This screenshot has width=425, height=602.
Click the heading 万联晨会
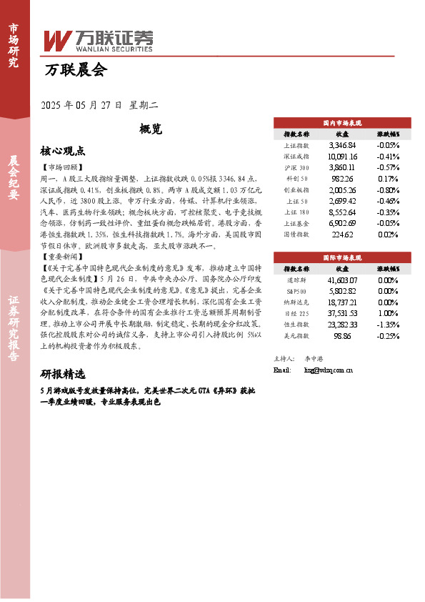(x=75, y=70)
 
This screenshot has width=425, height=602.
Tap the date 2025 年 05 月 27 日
(x=83, y=105)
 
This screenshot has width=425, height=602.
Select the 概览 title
(x=151, y=129)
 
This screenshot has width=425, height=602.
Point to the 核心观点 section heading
(x=63, y=151)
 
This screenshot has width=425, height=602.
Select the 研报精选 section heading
(x=63, y=375)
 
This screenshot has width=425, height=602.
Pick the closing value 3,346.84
(x=342, y=144)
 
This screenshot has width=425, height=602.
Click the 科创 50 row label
(x=296, y=179)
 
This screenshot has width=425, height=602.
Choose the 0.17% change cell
(x=388, y=179)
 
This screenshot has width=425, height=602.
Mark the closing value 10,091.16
(x=342, y=156)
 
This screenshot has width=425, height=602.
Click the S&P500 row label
(x=296, y=292)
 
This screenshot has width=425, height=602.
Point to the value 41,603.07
(x=342, y=280)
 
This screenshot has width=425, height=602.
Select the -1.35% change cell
(x=388, y=325)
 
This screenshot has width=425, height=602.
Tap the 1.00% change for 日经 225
(x=388, y=314)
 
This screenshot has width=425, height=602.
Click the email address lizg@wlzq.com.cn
(x=329, y=370)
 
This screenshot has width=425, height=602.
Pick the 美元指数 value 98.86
(x=342, y=337)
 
